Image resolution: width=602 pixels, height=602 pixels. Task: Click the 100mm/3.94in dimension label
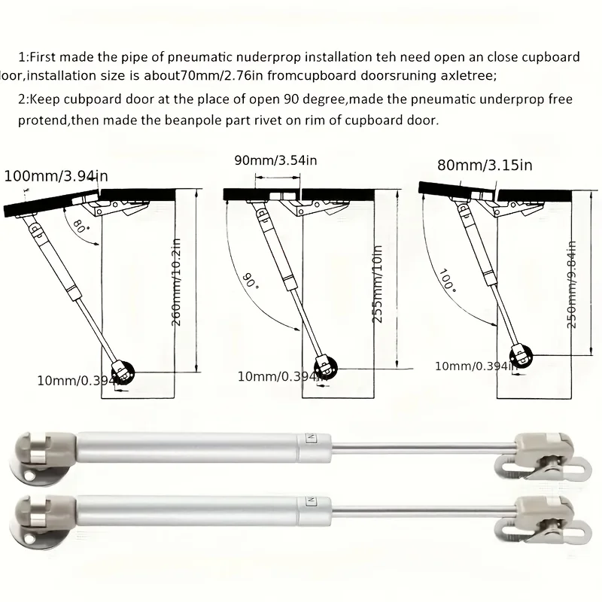[x=56, y=176]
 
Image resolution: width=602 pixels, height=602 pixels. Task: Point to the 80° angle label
[x=81, y=226]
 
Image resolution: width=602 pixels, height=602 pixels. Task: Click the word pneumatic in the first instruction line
[x=192, y=58]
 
